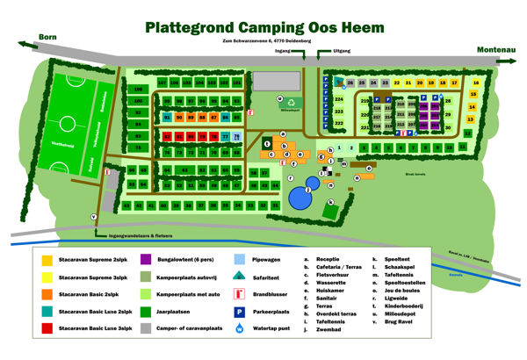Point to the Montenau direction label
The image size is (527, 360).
496,50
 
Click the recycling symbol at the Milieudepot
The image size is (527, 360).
280,101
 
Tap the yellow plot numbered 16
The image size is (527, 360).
473,83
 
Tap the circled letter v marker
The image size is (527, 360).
94,216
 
